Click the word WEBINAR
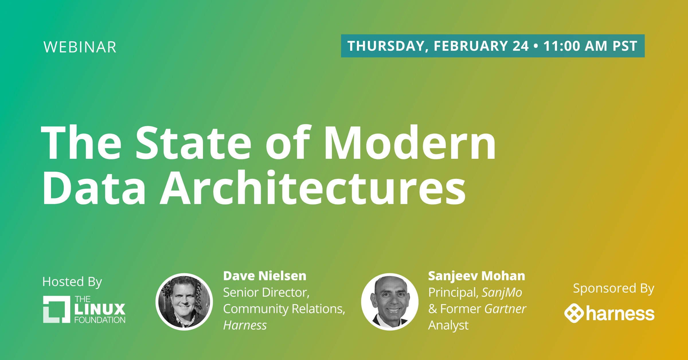click(80, 47)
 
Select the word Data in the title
click(94, 187)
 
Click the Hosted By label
click(72, 282)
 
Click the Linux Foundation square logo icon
click(56, 309)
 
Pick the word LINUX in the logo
click(100, 309)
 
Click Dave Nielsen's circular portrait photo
click(184, 302)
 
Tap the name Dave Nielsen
click(265, 276)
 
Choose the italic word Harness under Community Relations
click(245, 325)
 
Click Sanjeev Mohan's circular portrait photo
click(390, 302)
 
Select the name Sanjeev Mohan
click(477, 276)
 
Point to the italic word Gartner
click(505, 309)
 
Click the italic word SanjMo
click(502, 293)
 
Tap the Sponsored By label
click(614, 288)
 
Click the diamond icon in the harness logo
click(574, 313)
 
